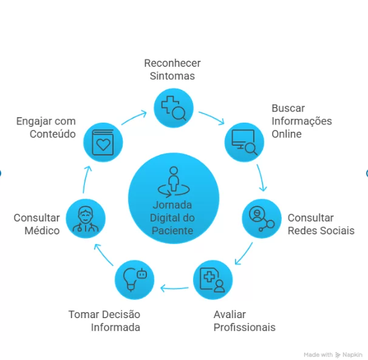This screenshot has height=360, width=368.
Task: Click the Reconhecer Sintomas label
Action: coord(172,70)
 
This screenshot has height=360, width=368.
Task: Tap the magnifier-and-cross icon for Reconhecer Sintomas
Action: coord(173,108)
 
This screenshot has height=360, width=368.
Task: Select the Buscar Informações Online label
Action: coord(301,121)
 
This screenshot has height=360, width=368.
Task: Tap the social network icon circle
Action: coord(262,218)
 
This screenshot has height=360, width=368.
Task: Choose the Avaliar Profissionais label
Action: coord(244,321)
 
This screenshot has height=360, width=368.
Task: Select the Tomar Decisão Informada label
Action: coord(104,321)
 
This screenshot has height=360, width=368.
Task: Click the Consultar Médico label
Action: coord(37,224)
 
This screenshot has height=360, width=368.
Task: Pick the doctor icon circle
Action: coord(86,218)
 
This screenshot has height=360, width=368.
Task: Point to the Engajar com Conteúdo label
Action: coord(46,127)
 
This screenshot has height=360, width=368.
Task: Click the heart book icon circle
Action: coord(104,141)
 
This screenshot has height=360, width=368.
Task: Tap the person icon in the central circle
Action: coord(174,180)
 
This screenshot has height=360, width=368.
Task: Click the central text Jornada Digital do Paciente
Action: coord(174,218)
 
